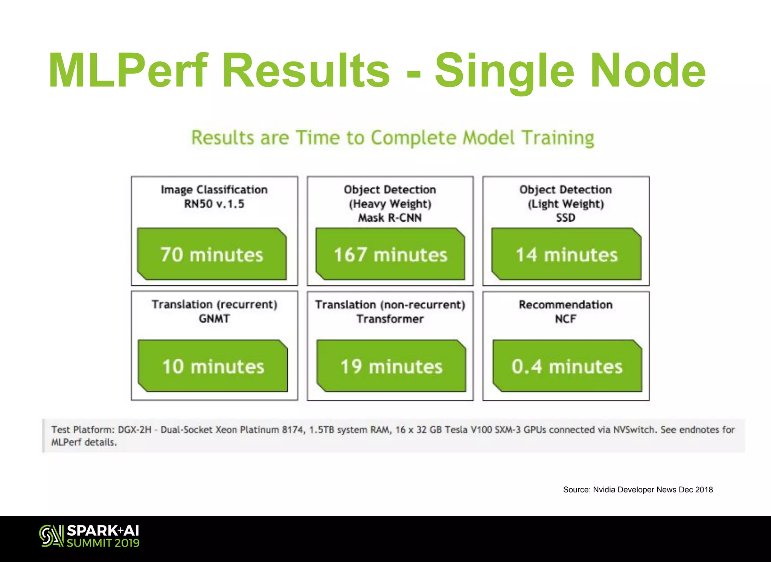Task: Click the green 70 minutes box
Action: tap(212, 254)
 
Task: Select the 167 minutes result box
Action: tap(390, 254)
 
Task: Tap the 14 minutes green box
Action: tap(566, 254)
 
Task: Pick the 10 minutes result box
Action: tap(213, 366)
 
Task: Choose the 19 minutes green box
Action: tap(391, 366)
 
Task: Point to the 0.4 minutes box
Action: tap(567, 366)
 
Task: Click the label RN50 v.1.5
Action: tap(214, 204)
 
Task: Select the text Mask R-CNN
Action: tap(390, 218)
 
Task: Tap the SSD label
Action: tap(565, 218)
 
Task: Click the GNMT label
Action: tap(214, 319)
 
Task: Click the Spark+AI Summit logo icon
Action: tap(51, 535)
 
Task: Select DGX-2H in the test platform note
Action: tap(134, 430)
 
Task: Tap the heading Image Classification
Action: tap(214, 190)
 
